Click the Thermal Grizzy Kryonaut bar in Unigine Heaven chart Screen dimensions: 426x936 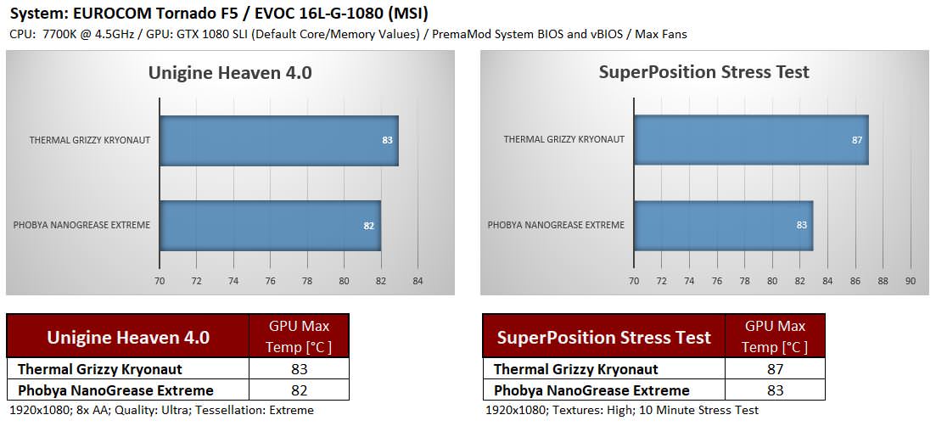278,140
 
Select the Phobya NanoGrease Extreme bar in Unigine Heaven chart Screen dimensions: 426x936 270,226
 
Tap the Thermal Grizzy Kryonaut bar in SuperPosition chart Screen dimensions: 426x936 750,140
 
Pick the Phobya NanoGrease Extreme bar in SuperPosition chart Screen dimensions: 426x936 723,226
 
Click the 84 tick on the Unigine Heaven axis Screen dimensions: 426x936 418,281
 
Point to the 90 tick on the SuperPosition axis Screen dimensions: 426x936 911,281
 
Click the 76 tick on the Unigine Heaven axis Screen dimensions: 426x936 270,281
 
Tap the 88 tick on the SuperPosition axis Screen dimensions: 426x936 883,281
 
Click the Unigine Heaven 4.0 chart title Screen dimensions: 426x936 230,72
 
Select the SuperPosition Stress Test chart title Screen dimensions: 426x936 704,71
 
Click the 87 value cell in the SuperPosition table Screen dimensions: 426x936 774,369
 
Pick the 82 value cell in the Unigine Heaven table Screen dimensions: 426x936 298,390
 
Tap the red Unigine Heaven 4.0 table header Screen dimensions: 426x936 128,337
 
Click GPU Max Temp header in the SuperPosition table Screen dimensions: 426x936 774,336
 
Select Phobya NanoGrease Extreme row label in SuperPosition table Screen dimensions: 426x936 591,390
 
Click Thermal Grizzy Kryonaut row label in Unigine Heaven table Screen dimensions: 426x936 100,369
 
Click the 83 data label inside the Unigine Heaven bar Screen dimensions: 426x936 388,140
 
